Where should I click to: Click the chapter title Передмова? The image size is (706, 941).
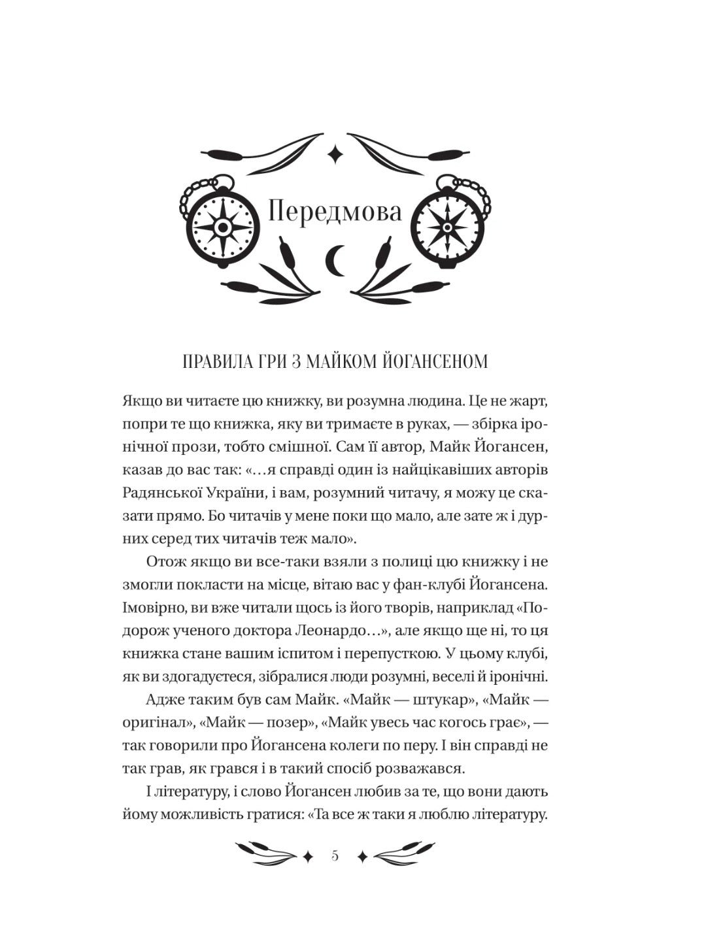click(335, 212)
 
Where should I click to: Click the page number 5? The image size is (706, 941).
click(335, 856)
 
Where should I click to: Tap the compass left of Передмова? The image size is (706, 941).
click(222, 225)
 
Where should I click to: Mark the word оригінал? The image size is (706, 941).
click(157, 723)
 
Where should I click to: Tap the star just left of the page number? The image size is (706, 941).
click(307, 857)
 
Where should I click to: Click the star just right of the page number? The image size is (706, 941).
click(361, 857)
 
